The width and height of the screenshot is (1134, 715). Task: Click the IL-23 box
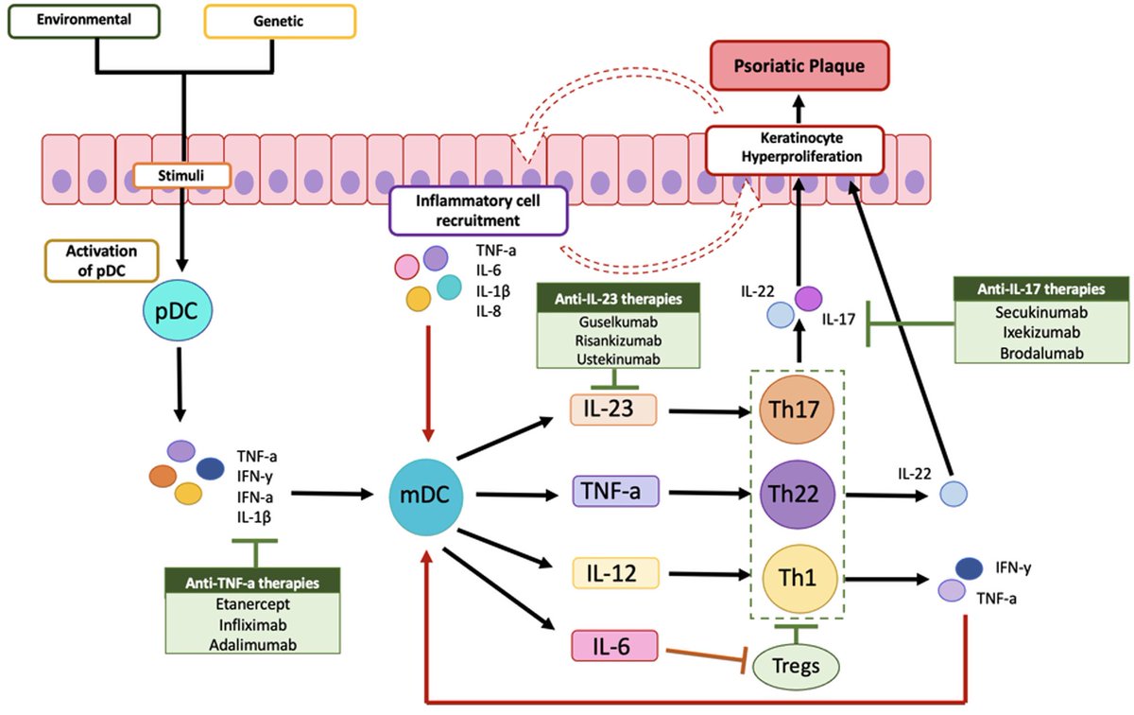pos(613,410)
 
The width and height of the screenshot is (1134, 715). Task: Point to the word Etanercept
pos(252,604)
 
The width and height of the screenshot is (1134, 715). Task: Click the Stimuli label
pos(181,174)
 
